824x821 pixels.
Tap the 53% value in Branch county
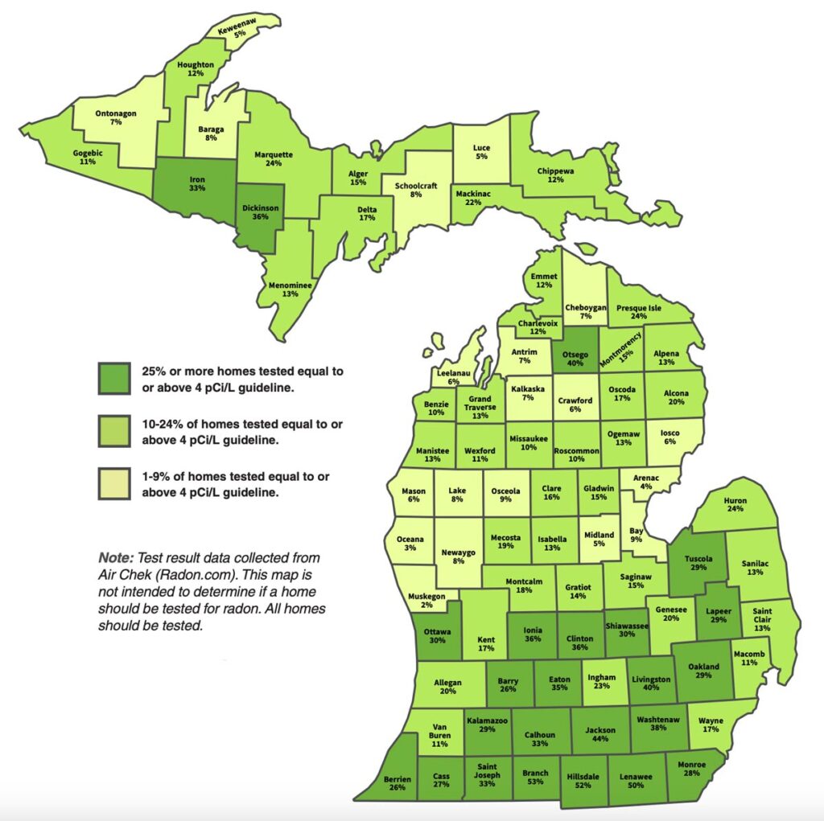click(535, 783)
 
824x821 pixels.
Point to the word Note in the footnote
click(116, 557)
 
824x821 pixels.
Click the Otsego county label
click(576, 351)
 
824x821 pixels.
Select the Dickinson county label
click(260, 207)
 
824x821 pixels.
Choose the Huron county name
click(735, 500)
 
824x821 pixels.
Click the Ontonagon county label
click(117, 113)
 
